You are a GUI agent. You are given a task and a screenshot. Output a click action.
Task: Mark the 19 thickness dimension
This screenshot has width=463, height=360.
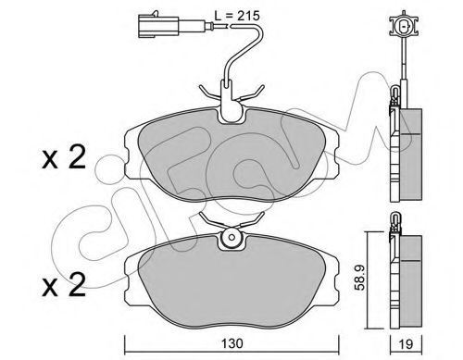(x=404, y=343)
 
